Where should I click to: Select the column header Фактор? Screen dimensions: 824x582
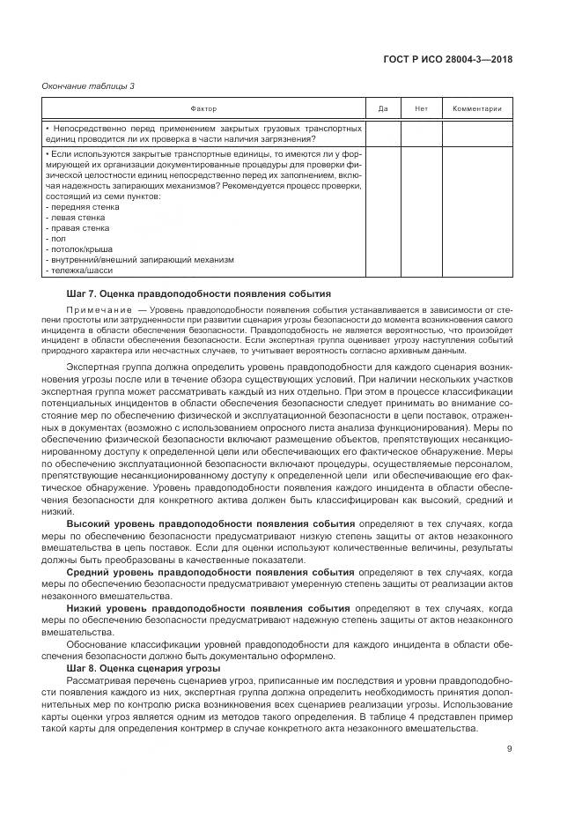(x=203, y=108)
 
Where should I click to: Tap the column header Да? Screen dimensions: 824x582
(x=383, y=108)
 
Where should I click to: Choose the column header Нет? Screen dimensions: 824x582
(x=421, y=108)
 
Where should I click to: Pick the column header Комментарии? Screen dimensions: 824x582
(x=476, y=108)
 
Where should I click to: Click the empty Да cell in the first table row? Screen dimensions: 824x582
(x=383, y=133)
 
